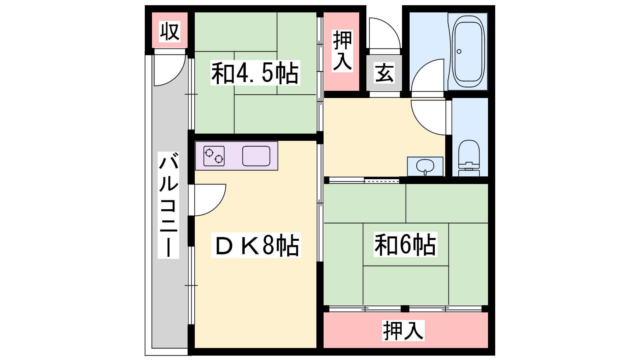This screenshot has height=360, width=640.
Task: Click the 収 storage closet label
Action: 170,32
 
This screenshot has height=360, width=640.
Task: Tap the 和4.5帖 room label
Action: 255,73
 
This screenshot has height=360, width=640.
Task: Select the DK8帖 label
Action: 256,245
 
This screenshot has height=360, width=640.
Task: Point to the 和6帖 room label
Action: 405,244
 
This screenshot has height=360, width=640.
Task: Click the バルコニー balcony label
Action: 168,205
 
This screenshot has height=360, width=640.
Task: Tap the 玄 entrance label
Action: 384,73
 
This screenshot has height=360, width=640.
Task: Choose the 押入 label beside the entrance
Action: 342,51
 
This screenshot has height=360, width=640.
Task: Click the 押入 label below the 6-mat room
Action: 403,330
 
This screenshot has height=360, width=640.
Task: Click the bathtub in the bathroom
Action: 468,52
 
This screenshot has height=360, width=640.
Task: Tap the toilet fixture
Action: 469,158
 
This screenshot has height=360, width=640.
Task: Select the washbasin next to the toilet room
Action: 425,166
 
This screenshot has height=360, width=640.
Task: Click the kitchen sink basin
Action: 256,156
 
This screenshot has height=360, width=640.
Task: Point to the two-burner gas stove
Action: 214,156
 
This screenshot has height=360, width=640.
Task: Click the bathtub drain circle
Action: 459,52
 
